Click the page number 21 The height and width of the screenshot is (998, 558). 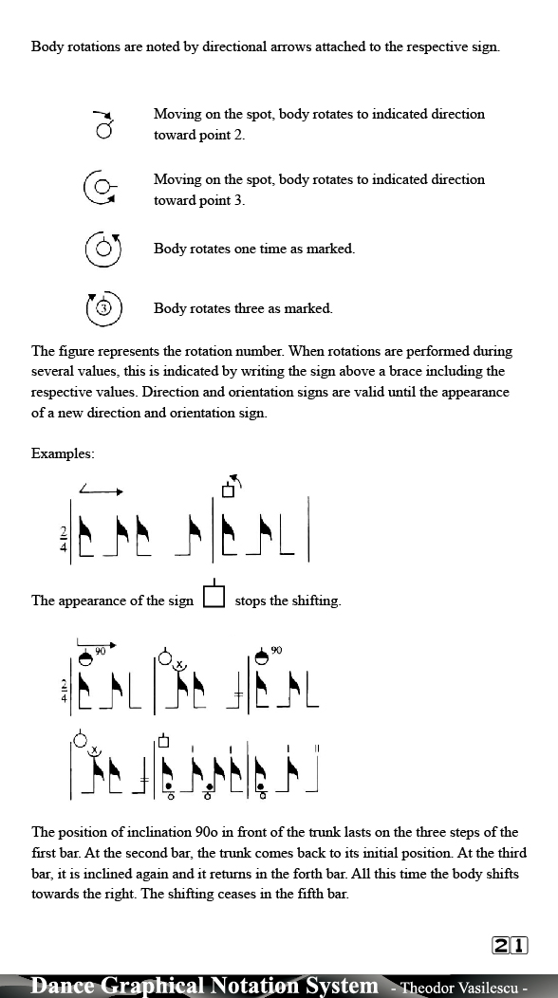(510, 945)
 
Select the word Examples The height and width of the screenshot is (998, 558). (63, 453)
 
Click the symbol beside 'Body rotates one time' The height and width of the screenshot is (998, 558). (103, 249)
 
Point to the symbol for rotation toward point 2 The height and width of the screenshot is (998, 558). (102, 123)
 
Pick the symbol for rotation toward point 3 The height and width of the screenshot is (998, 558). (101, 188)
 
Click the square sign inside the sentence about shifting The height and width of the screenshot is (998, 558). (214, 597)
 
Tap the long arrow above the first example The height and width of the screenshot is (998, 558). (101, 490)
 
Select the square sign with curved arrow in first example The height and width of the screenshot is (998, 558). (231, 486)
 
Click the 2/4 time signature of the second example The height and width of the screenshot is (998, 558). (64, 692)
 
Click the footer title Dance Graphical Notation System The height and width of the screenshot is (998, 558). (204, 986)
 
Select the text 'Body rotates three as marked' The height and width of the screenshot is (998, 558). (243, 308)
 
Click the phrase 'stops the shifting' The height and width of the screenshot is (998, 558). (288, 601)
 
